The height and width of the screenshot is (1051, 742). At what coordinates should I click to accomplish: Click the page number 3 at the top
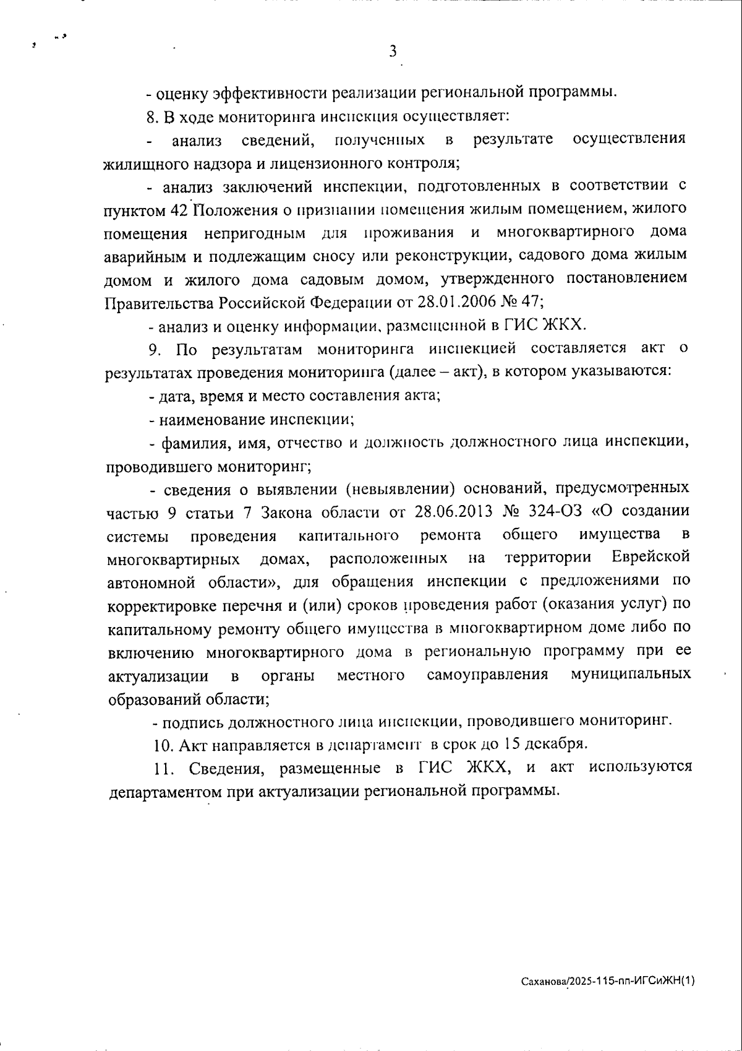[x=393, y=51]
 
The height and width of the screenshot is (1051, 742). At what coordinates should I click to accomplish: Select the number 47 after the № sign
[x=533, y=303]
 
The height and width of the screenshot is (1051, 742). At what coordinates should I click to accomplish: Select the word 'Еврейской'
[x=650, y=557]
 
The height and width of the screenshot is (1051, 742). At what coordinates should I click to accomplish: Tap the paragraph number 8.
[x=152, y=116]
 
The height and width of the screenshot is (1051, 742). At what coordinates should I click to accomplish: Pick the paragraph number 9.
[x=154, y=350]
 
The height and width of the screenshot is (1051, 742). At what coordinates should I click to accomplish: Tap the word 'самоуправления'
[x=487, y=674]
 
